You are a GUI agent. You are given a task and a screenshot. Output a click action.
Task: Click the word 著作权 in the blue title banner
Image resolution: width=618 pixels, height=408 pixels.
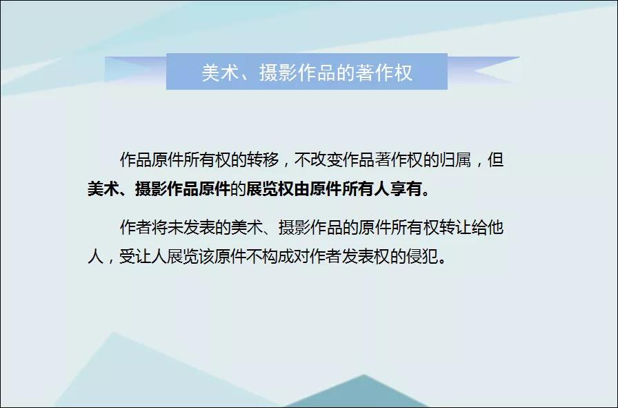pos(384,72)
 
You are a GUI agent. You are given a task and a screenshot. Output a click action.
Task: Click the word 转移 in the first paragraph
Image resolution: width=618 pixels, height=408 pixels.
pos(263,159)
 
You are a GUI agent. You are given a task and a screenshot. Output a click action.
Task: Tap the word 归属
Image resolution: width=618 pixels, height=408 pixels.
pos(455,159)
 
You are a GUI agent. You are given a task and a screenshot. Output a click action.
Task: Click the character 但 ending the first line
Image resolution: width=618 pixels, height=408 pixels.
pos(495,159)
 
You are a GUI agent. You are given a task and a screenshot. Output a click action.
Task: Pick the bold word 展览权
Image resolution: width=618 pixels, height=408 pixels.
pos(270,188)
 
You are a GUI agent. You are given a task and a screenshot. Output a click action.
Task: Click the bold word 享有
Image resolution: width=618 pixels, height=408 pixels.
pos(406,188)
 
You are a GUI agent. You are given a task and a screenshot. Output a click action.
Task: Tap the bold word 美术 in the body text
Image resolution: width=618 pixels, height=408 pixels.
pos(103,188)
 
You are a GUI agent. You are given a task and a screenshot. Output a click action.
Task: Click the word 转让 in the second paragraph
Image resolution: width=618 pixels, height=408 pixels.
pos(455,227)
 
